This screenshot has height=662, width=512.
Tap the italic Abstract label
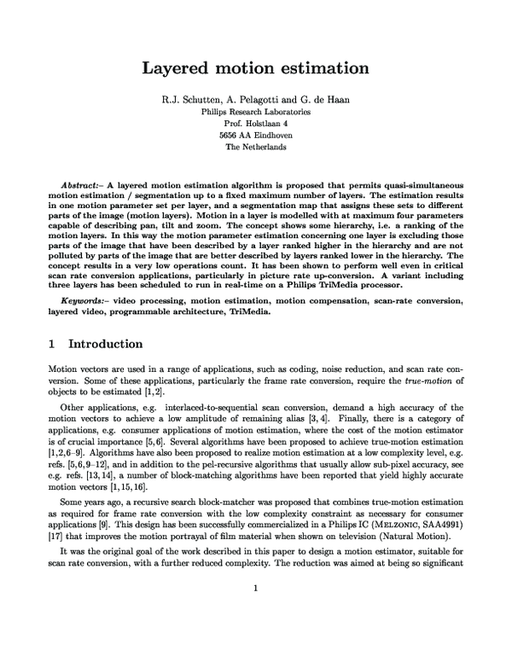tap(84, 185)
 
